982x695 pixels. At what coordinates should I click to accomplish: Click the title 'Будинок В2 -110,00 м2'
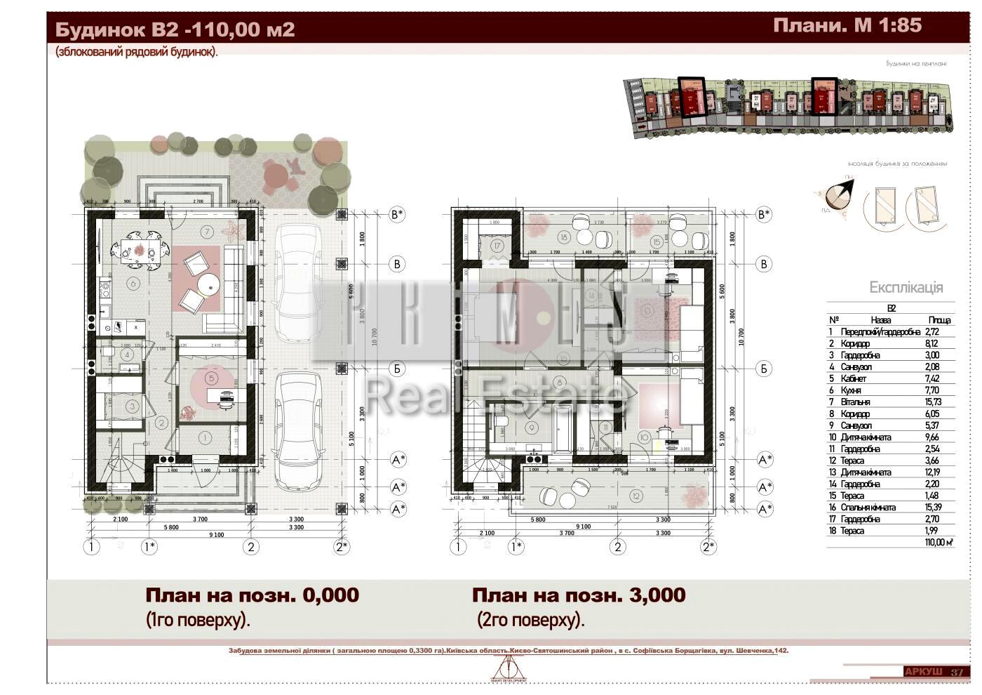(x=175, y=30)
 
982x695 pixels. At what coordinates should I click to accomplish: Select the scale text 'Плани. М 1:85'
(x=847, y=26)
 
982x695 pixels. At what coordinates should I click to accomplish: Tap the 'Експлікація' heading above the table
(x=906, y=287)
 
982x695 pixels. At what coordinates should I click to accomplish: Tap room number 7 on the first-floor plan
(x=206, y=232)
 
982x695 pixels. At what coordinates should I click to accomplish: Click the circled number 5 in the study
(x=211, y=378)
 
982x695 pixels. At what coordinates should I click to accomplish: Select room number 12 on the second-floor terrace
(x=636, y=496)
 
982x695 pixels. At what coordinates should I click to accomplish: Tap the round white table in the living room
(x=209, y=284)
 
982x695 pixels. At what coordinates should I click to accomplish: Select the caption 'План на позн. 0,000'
(x=252, y=595)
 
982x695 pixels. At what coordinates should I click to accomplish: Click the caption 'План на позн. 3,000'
(x=578, y=595)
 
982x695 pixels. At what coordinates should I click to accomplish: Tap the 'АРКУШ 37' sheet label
(x=933, y=672)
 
